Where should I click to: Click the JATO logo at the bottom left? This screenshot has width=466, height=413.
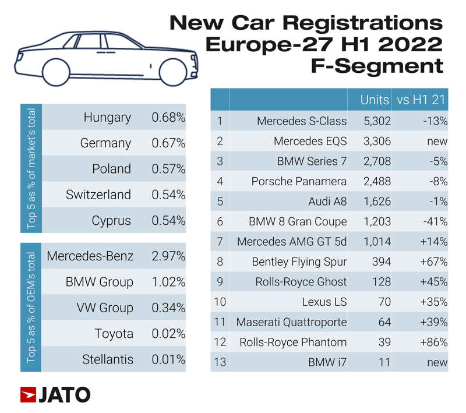[55, 394]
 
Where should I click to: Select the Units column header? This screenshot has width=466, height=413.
[375, 100]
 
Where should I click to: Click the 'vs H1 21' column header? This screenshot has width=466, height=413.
[421, 100]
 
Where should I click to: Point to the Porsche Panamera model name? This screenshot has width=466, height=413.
[299, 182]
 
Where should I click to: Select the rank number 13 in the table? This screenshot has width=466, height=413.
[220, 362]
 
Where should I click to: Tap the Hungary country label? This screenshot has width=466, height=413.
[107, 118]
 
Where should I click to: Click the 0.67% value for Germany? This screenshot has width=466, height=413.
[168, 143]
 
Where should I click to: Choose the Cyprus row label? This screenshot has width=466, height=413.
[111, 221]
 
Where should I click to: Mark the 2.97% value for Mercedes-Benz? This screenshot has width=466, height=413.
[168, 256]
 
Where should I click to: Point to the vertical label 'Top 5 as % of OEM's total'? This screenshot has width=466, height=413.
[32, 308]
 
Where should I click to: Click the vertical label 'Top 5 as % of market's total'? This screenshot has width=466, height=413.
[32, 169]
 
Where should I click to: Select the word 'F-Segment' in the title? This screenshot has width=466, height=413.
[377, 65]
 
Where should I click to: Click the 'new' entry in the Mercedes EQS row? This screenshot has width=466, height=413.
[437, 142]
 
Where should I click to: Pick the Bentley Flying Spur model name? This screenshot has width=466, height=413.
[299, 262]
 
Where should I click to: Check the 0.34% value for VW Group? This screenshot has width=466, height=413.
[168, 308]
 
